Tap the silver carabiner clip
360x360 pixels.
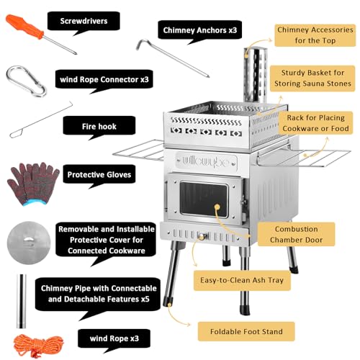26,81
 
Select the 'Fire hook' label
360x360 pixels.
99,126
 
